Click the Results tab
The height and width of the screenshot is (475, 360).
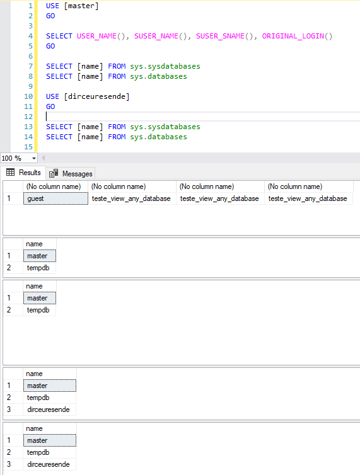pyautogui.click(x=23, y=173)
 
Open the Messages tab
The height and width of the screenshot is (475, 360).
pyautogui.click(x=71, y=174)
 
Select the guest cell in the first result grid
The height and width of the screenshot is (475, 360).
pyautogui.click(x=55, y=198)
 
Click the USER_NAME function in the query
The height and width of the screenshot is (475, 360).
pyautogui.click(x=96, y=36)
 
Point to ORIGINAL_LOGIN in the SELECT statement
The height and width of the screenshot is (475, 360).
pyautogui.click(x=293, y=36)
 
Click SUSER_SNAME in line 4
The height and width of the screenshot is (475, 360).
pyautogui.click(x=220, y=36)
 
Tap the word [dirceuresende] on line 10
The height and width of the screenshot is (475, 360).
pyautogui.click(x=96, y=96)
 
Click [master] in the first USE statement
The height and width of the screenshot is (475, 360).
pyautogui.click(x=81, y=6)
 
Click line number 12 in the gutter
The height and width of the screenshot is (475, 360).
pyautogui.click(x=28, y=117)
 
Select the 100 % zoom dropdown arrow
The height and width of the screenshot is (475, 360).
pyautogui.click(x=34, y=158)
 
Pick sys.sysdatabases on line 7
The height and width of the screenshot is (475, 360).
pyautogui.click(x=165, y=66)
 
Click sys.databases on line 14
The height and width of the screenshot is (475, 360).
pyautogui.click(x=159, y=137)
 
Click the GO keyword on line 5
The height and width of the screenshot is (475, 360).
pyautogui.click(x=50, y=47)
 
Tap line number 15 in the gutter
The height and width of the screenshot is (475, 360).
pyautogui.click(x=28, y=147)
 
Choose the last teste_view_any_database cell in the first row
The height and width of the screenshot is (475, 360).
pyautogui.click(x=308, y=198)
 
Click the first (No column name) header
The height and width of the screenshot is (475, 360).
pyautogui.click(x=54, y=186)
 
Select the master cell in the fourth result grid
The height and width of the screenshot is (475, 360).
pyautogui.click(x=50, y=386)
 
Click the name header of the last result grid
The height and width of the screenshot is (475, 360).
pyautogui.click(x=34, y=428)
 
